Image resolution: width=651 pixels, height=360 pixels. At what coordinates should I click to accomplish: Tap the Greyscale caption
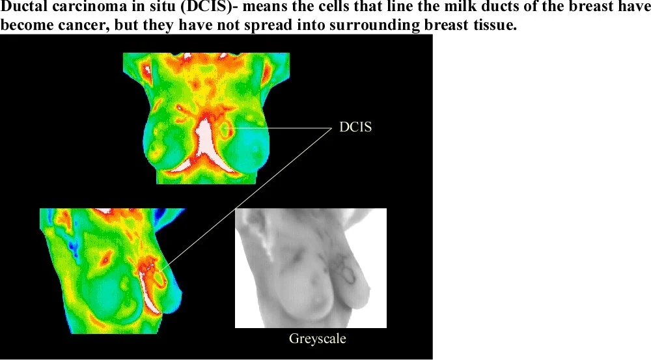coord(317,339)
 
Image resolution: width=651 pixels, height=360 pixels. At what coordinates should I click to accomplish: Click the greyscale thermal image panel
coord(310,268)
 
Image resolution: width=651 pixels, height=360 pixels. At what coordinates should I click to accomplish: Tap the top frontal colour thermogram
coord(206,118)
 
